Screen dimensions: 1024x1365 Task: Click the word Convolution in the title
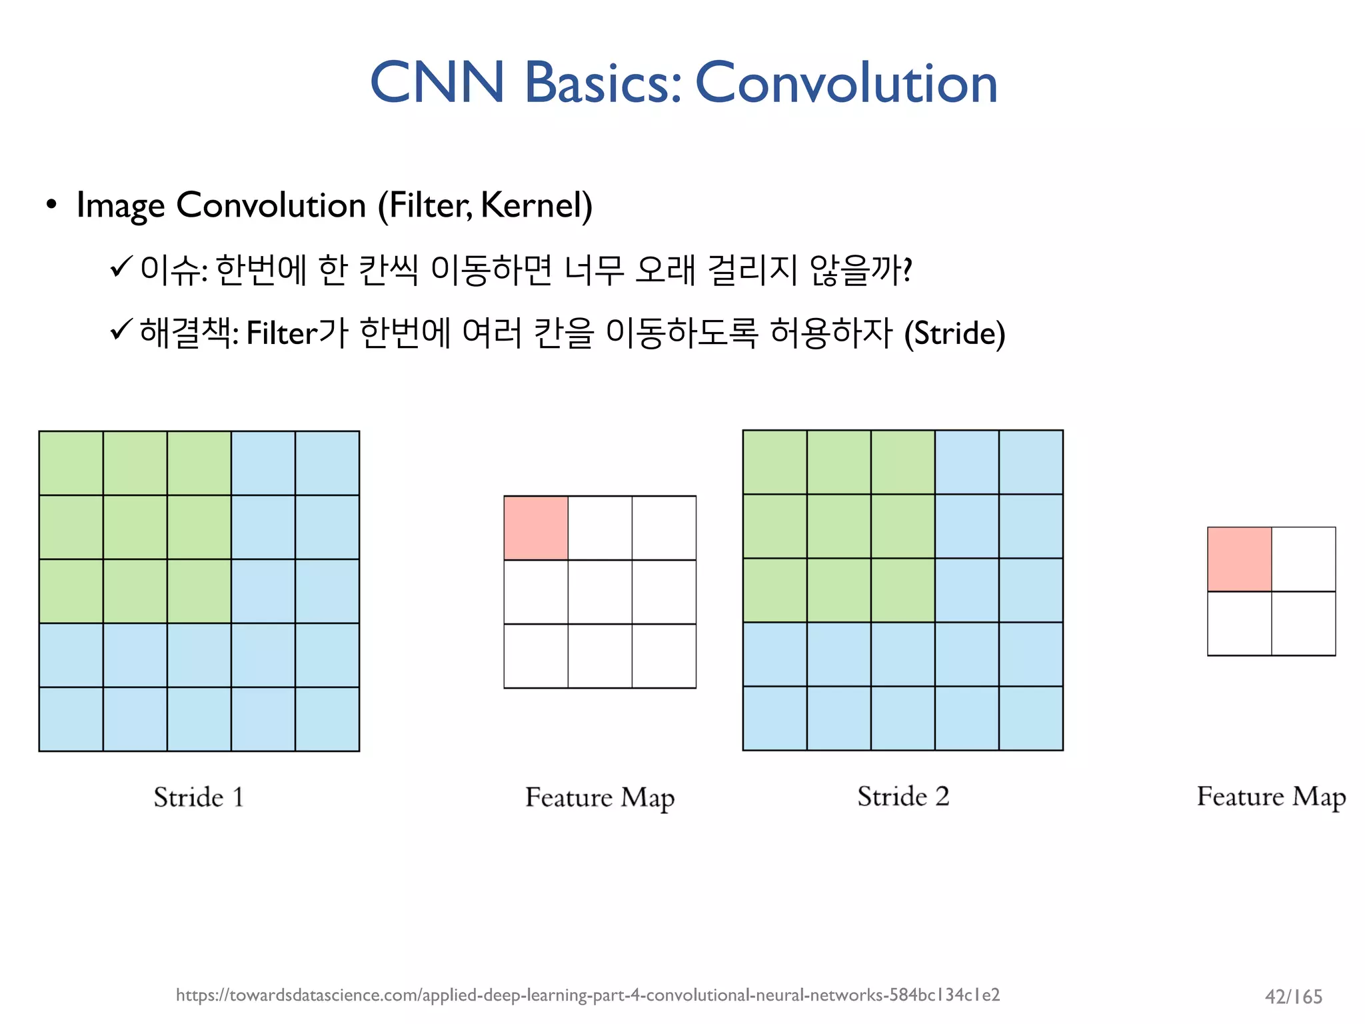846,83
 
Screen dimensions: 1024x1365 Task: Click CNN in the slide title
437,83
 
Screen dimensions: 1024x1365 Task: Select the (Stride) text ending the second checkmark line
954,333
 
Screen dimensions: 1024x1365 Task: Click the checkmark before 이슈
122,268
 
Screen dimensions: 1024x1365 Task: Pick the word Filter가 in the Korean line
297,333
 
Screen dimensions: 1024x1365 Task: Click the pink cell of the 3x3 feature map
536,527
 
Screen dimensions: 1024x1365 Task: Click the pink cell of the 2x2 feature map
1239,559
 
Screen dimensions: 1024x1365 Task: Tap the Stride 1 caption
199,797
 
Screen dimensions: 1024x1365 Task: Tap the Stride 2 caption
902,797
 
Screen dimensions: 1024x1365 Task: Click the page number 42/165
1293,997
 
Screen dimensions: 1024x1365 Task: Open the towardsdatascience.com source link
587,995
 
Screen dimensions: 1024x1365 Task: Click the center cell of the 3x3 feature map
600,591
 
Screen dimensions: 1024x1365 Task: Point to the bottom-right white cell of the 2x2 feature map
1303,623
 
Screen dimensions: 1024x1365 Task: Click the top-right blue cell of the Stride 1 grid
327,463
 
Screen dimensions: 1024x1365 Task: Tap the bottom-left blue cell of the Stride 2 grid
774,718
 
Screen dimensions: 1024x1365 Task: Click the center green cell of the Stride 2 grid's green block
838,526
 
